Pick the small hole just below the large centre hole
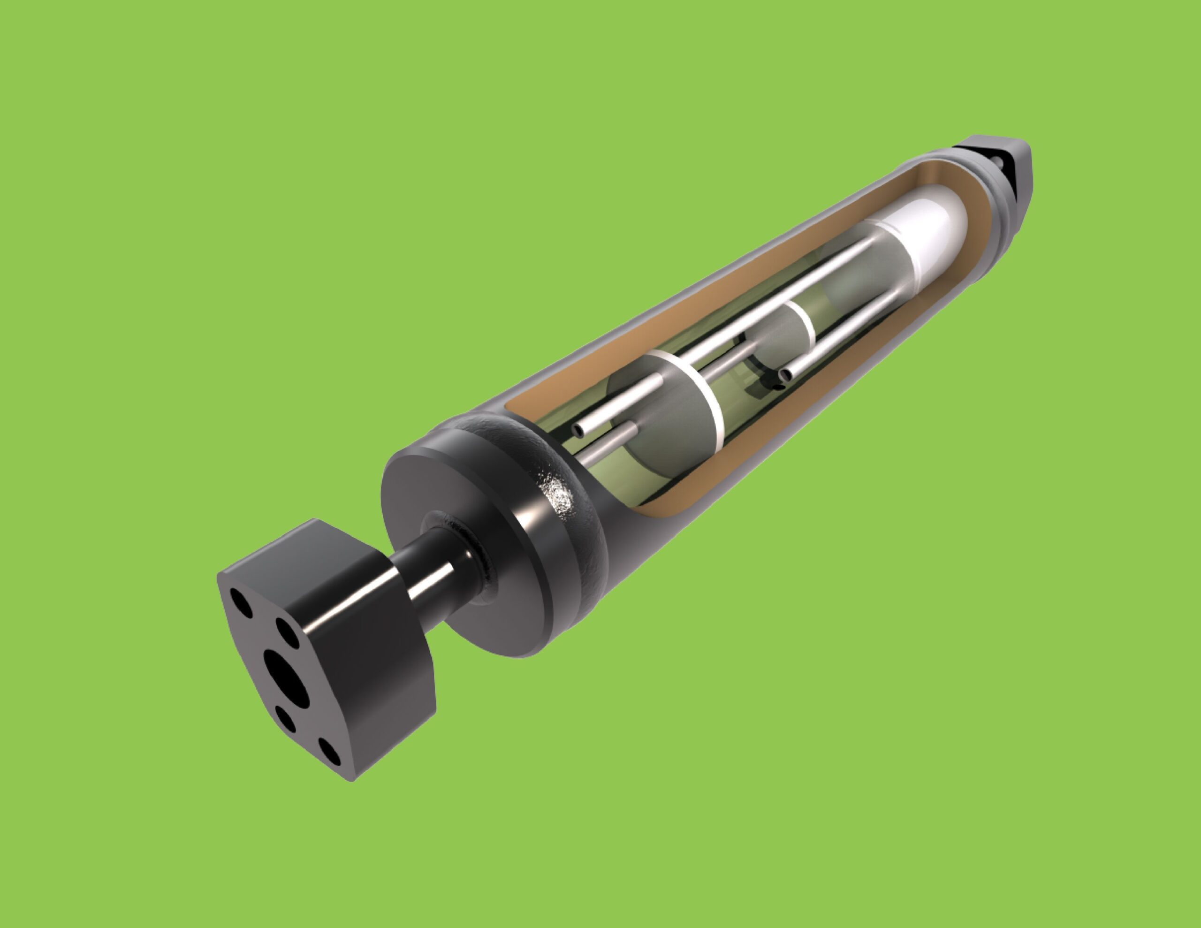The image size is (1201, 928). (x=285, y=719)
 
